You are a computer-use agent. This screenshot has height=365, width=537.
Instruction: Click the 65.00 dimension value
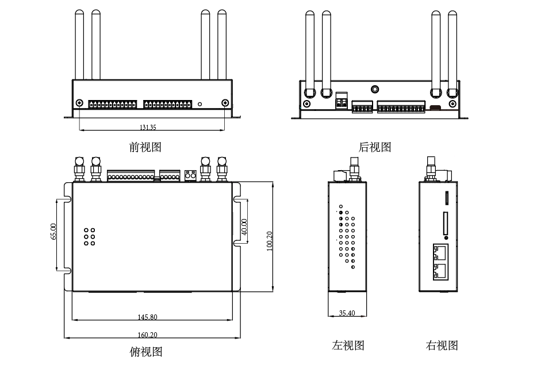click(x=53, y=231)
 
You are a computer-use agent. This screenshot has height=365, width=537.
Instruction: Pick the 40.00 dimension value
click(x=244, y=226)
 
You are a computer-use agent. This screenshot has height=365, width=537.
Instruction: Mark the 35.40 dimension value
click(x=347, y=313)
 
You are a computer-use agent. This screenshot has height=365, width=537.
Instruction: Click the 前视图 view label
click(x=145, y=147)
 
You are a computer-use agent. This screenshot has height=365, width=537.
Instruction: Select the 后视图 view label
click(x=375, y=147)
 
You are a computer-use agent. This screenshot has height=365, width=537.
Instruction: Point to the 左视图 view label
click(x=348, y=345)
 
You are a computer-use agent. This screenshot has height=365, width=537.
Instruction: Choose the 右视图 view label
click(x=442, y=345)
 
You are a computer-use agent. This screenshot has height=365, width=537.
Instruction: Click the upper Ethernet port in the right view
click(x=441, y=252)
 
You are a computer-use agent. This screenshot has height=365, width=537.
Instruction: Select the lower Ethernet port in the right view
click(x=441, y=270)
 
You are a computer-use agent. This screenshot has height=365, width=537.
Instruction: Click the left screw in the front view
click(x=79, y=103)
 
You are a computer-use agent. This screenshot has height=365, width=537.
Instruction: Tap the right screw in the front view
click(x=225, y=103)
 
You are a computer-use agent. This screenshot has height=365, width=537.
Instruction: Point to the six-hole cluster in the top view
click(x=90, y=235)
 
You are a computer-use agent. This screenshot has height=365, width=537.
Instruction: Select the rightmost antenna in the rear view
click(x=453, y=49)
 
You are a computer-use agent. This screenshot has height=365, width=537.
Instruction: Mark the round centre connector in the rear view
click(x=375, y=89)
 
